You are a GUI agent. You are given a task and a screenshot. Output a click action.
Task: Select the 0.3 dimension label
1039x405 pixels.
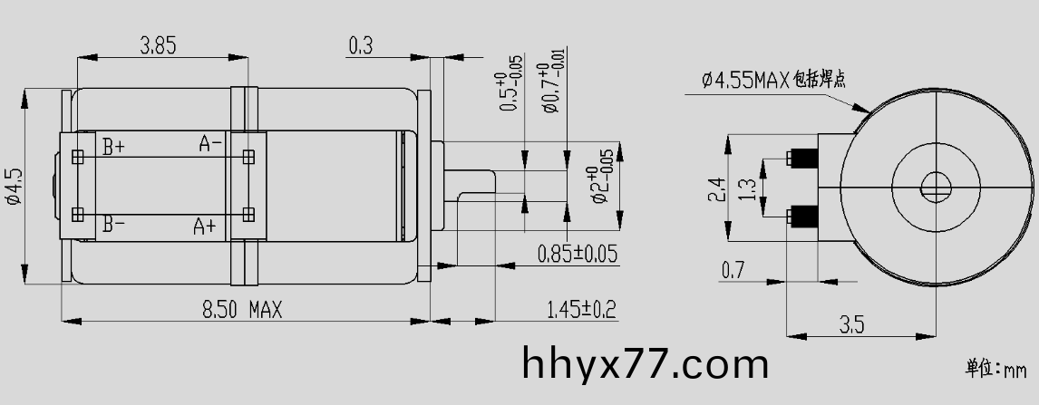click(360, 45)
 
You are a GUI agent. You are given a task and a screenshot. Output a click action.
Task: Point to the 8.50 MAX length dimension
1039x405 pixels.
click(242, 310)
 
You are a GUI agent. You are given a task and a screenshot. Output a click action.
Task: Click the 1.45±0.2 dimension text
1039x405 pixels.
click(581, 310)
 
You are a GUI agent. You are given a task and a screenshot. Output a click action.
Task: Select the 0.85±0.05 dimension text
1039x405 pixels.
click(578, 254)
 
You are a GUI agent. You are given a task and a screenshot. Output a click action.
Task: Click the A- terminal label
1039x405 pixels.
click(210, 144)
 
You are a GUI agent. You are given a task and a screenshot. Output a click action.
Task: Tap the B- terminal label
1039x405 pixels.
click(113, 224)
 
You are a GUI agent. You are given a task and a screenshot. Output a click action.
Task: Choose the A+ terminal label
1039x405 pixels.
click(204, 227)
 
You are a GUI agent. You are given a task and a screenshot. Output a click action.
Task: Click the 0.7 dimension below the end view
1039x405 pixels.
click(733, 269)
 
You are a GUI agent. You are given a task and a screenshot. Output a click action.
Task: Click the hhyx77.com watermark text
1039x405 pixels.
click(646, 364)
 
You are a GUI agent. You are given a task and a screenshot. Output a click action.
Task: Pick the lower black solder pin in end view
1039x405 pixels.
click(802, 217)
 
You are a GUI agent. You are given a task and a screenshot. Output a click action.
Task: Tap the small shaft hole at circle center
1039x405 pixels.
click(935, 188)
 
